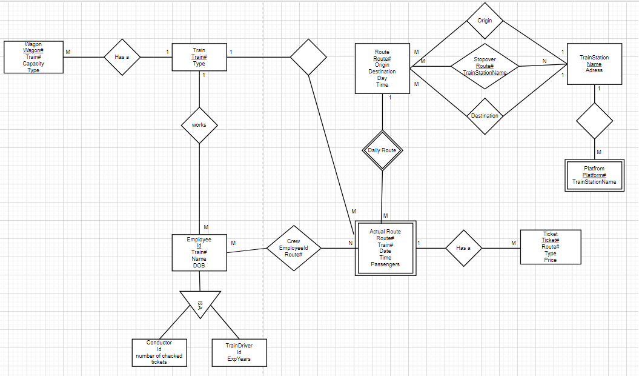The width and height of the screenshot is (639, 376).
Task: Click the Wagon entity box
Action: pos(33,57)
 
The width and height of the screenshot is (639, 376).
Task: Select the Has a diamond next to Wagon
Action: pos(122,58)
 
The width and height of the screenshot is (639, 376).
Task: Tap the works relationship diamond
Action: pos(199,125)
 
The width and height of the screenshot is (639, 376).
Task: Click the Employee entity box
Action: pos(199,253)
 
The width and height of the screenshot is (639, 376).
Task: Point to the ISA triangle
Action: pos(200,303)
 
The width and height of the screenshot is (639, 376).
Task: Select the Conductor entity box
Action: pos(159,352)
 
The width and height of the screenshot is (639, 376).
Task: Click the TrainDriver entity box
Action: pos(239,352)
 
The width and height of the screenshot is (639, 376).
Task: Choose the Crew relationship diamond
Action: pos(293,248)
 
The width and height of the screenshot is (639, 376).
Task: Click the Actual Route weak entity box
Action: pos(385,248)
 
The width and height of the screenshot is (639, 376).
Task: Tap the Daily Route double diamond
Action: pos(382,150)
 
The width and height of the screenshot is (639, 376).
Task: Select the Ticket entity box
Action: pos(550,247)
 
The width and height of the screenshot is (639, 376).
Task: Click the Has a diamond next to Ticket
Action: pos(463,247)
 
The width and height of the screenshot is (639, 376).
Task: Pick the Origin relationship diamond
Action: pos(485,21)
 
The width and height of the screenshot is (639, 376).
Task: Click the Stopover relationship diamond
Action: pos(485,66)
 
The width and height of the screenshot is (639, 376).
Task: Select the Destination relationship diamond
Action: pos(485,116)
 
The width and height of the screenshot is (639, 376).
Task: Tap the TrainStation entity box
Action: pos(594,64)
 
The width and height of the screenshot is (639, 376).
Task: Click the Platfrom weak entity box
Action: pos(594,175)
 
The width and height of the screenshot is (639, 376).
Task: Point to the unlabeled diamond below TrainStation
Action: pos(594,121)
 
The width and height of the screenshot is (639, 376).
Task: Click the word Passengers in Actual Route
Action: pos(385,264)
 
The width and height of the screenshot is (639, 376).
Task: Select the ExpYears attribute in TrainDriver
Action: pos(239,359)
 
